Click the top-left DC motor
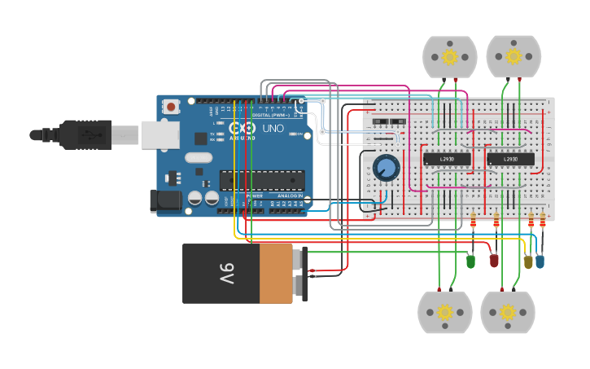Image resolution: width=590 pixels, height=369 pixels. pyautogui.click(x=449, y=56)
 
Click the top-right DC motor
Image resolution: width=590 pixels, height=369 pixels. pyautogui.click(x=514, y=56)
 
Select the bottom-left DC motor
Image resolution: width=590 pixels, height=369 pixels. pyautogui.click(x=444, y=312)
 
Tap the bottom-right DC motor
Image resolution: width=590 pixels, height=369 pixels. pyautogui.click(x=508, y=312)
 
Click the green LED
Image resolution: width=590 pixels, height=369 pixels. pyautogui.click(x=470, y=261)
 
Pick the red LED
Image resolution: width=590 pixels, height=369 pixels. pyautogui.click(x=493, y=260)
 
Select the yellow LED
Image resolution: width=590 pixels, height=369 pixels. pyautogui.click(x=528, y=261)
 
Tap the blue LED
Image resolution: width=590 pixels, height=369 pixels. pyautogui.click(x=540, y=261)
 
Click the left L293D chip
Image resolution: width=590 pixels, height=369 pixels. pyautogui.click(x=447, y=159)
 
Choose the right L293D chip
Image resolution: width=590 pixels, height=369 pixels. pyautogui.click(x=510, y=159)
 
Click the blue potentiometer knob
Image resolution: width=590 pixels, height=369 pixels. pyautogui.click(x=387, y=168)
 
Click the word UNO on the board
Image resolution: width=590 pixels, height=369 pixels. pyautogui.click(x=273, y=128)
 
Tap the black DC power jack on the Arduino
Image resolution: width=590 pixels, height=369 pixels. pyautogui.click(x=168, y=201)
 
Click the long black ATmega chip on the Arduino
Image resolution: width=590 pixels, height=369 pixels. pyautogui.click(x=262, y=180)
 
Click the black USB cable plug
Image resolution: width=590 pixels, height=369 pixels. pyautogui.click(x=85, y=134)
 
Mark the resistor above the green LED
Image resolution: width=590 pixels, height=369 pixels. pyautogui.click(x=474, y=220)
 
